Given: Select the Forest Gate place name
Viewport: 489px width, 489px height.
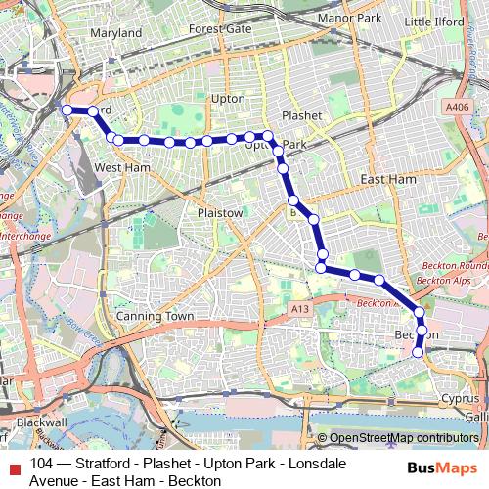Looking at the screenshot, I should pyautogui.click(x=220, y=29).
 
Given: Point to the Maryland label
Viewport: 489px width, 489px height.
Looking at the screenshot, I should pyautogui.click(x=115, y=32).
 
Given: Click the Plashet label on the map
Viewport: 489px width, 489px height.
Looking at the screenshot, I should pyautogui.click(x=301, y=114).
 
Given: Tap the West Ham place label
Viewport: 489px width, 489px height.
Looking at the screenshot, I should pyautogui.click(x=121, y=168).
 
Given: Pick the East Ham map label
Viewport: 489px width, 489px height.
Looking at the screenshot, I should pyautogui.click(x=387, y=179).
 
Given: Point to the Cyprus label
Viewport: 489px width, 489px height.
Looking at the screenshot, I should pyautogui.click(x=459, y=399).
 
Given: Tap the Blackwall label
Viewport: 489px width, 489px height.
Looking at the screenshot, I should pyautogui.click(x=41, y=422).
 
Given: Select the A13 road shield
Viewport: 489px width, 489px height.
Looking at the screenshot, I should pyautogui.click(x=298, y=309).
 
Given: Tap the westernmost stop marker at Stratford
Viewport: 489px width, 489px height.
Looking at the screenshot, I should pyautogui.click(x=67, y=111).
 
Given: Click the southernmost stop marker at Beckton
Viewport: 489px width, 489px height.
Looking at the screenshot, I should pyautogui.click(x=420, y=352).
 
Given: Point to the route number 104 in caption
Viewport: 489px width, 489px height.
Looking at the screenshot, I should pyautogui.click(x=42, y=464).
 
